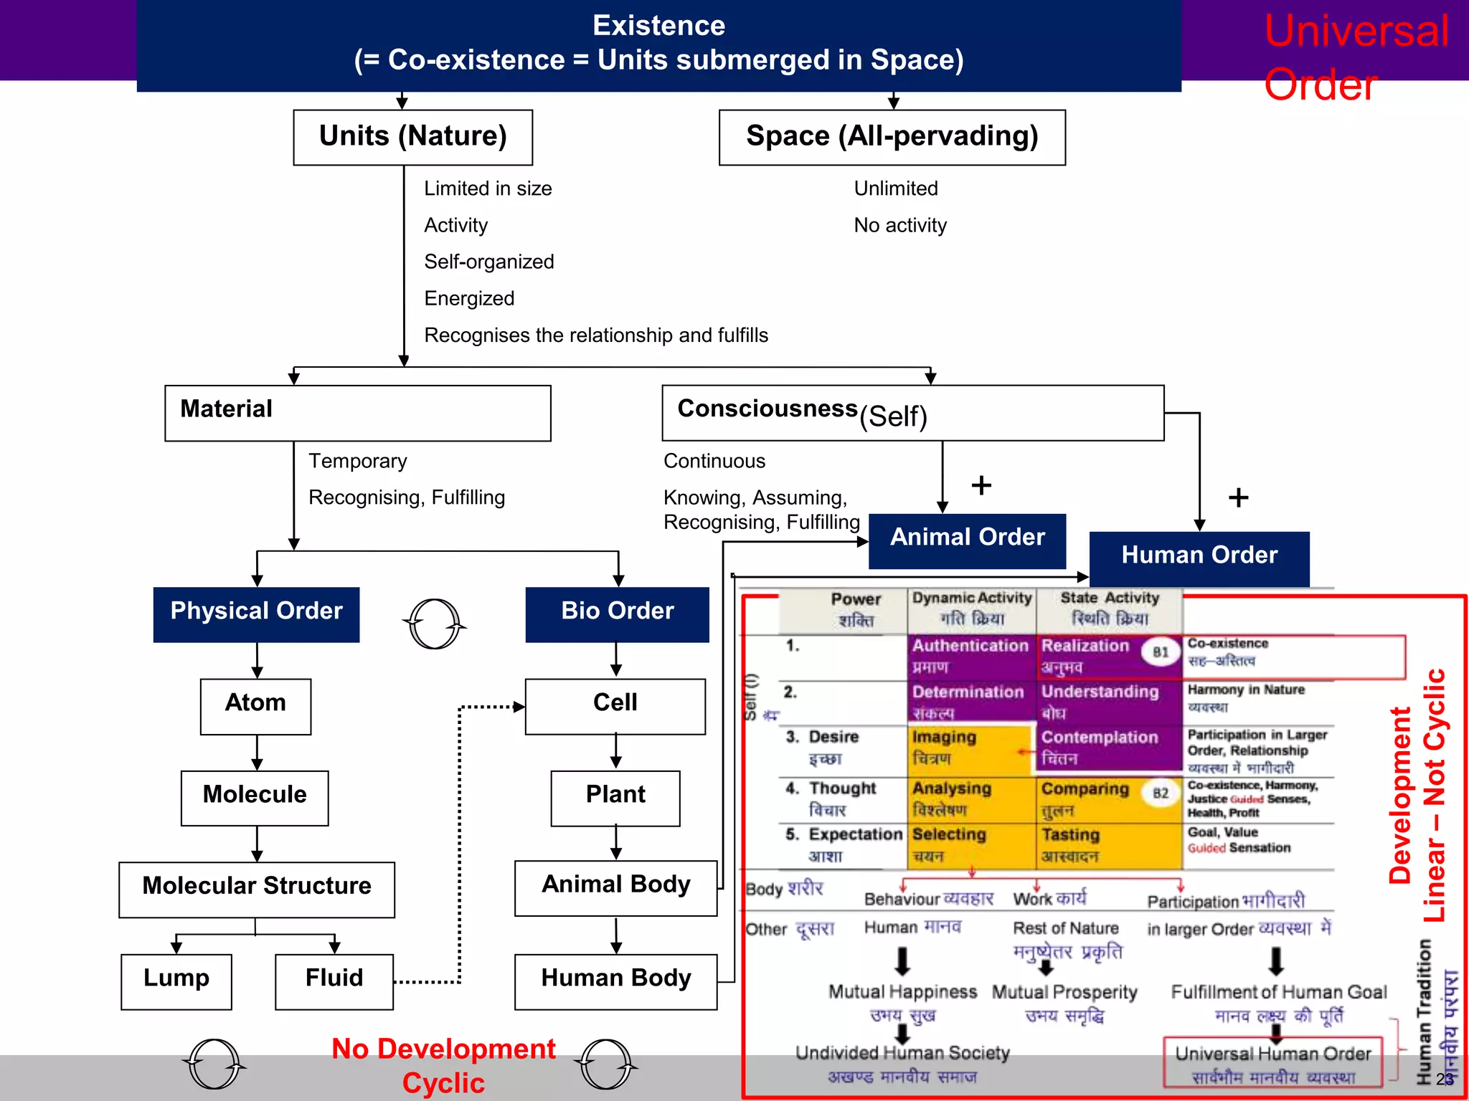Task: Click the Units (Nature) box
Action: [412, 137]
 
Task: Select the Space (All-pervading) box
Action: [892, 137]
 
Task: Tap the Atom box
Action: [255, 706]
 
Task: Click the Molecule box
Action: [255, 798]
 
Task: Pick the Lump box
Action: [176, 981]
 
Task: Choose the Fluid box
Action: [334, 981]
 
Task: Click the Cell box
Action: [615, 706]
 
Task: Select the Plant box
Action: [615, 798]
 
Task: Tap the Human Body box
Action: [615, 981]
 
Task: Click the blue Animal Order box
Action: [967, 540]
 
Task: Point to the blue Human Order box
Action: [1199, 558]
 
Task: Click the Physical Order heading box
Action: [256, 614]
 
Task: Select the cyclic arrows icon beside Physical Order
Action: [435, 624]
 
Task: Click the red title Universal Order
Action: [1355, 57]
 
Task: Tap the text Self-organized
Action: [488, 262]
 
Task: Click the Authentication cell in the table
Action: [970, 656]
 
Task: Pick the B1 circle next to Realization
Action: [1160, 652]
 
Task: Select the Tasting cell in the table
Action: [1108, 845]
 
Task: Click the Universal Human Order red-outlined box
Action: [1272, 1062]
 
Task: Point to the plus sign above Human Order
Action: [1238, 497]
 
